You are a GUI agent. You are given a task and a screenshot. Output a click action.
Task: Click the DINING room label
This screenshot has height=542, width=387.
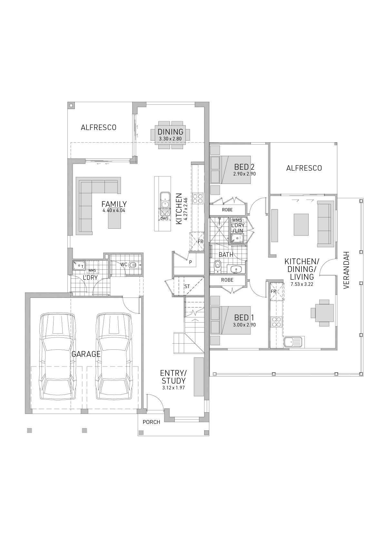pos(170,132)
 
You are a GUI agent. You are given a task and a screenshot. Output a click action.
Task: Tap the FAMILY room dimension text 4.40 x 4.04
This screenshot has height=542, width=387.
pos(114,210)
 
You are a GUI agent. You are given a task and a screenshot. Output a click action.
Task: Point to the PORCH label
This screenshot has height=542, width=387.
pos(151,422)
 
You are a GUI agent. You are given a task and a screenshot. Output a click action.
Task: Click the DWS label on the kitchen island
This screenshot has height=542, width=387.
pos(164,218)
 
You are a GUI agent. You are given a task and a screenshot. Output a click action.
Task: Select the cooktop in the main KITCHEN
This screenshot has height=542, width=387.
pos(198,198)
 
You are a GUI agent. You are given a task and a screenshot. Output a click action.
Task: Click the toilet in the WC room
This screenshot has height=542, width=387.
pos(133,265)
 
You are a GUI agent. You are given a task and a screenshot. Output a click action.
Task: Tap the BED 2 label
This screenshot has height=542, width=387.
pos(244,167)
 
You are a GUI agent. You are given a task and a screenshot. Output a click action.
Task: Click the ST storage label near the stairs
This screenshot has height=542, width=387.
pos(187,286)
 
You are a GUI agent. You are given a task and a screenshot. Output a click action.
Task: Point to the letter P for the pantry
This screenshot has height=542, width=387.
pos(190,262)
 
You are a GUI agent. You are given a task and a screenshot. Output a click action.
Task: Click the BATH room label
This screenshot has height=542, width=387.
pos(226,255)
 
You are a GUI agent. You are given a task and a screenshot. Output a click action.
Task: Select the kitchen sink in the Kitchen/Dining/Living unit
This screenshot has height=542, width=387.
pos(293,342)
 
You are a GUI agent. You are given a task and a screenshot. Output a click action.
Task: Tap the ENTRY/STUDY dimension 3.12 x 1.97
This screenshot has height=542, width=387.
pos(173,388)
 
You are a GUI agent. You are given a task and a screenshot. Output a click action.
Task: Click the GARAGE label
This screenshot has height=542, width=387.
pos(86,354)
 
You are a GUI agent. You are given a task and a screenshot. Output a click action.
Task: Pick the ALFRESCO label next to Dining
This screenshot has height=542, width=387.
pos(98,127)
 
